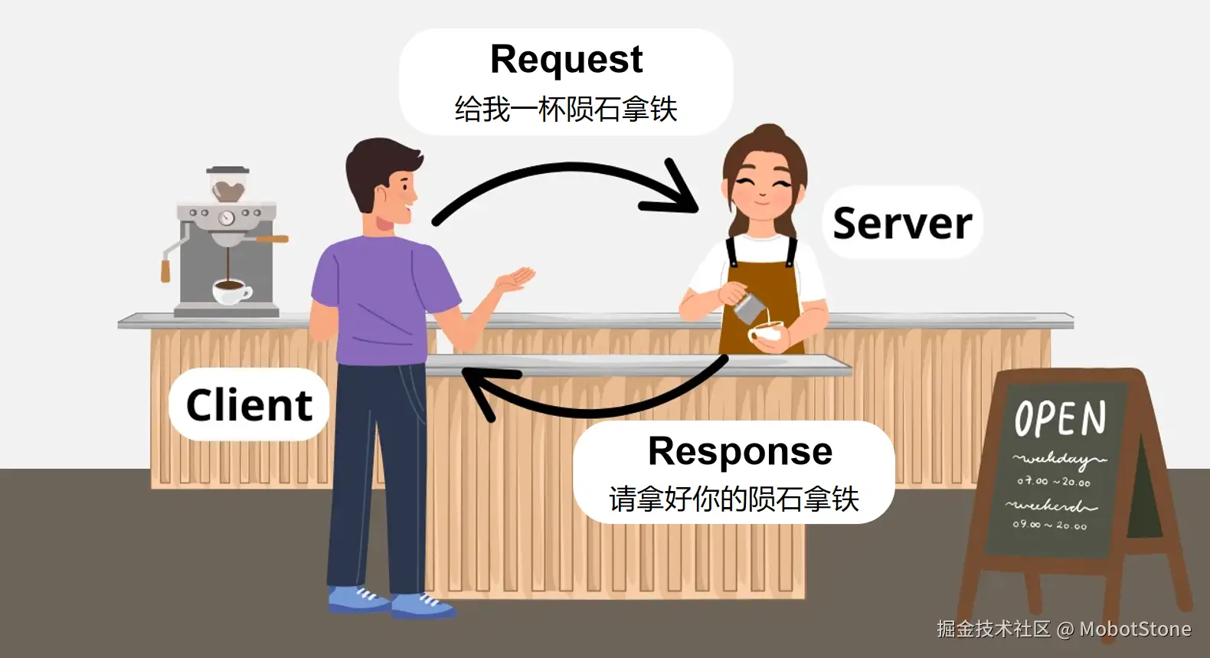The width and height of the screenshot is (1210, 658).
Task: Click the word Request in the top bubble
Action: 566,60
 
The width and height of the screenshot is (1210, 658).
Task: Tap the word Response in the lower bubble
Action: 740,451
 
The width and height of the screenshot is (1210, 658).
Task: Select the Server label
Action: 902,223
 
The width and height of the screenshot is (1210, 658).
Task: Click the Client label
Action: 249,404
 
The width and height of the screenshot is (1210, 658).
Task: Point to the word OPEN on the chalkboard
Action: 1061,418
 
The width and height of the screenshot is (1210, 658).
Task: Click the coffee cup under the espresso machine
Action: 230,290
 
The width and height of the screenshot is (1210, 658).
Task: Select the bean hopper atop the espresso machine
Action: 227,185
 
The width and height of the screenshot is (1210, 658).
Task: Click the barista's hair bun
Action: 768,134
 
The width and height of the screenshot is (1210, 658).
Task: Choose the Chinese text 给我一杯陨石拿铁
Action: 566,109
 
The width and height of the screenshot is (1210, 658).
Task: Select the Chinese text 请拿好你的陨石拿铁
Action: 734,499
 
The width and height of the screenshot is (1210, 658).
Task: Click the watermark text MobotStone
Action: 1135,630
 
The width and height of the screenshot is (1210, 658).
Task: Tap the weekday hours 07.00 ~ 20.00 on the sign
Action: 1053,482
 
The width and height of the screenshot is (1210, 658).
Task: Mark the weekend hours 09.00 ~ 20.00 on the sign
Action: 1049,525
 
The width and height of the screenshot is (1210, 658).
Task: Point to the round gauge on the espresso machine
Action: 226,218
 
